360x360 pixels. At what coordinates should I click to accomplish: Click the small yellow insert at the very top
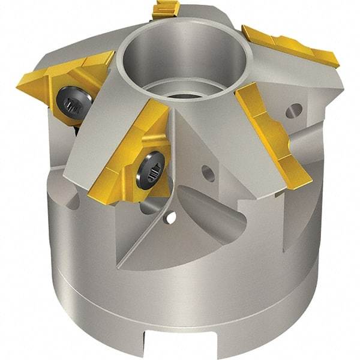tap(167, 9)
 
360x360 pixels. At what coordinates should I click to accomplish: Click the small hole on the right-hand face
tap(294, 110)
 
